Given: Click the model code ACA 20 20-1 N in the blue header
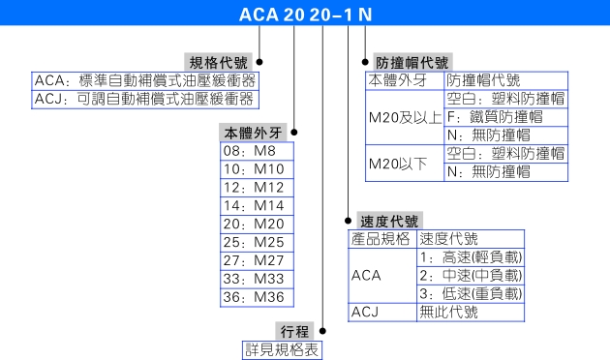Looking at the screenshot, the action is pyautogui.click(x=305, y=15).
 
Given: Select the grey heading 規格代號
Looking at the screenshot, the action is pyautogui.click(x=218, y=62).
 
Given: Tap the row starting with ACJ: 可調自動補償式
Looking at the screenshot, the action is pyautogui.click(x=145, y=99).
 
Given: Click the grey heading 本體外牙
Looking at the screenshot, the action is pyautogui.click(x=253, y=133).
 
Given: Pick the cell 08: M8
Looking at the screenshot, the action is pyautogui.click(x=257, y=151).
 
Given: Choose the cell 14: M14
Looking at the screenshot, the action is pyautogui.click(x=257, y=206).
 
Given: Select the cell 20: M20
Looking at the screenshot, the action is pyautogui.click(x=257, y=224).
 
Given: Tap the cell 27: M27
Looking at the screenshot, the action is pyautogui.click(x=257, y=260).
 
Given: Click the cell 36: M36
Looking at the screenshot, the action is pyautogui.click(x=257, y=297).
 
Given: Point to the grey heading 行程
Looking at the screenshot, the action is pyautogui.click(x=294, y=331).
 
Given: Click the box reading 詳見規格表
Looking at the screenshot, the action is pyautogui.click(x=282, y=350).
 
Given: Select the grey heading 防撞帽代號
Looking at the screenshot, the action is pyautogui.click(x=412, y=62).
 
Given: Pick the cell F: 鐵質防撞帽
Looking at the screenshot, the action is pyautogui.click(x=505, y=117).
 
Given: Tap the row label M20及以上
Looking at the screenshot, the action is pyautogui.click(x=405, y=117).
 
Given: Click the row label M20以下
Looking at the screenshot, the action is pyautogui.click(x=405, y=164).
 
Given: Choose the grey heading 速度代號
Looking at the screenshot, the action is pyautogui.click(x=389, y=222).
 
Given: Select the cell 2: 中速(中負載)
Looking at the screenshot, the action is pyautogui.click(x=471, y=276).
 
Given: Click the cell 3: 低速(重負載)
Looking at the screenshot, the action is pyautogui.click(x=471, y=294).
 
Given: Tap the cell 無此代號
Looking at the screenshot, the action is pyautogui.click(x=471, y=313).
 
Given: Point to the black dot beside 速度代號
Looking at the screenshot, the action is pyautogui.click(x=349, y=221).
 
